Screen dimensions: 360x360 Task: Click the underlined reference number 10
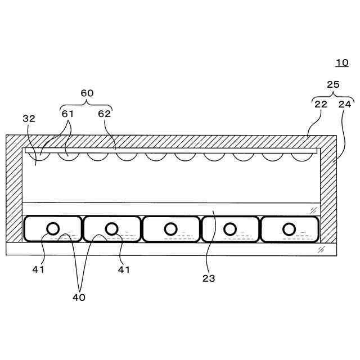point(341,62)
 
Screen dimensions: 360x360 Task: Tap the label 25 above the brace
point(333,84)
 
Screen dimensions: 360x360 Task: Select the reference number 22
point(320,104)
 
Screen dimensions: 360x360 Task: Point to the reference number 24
point(344,104)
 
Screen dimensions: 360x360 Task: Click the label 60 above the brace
point(87,93)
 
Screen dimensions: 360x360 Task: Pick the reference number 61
point(67,114)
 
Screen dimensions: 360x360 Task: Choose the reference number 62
point(105,114)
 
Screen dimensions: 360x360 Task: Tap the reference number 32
point(29,119)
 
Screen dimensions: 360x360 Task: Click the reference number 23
point(209,278)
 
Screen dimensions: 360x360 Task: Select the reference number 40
point(79,298)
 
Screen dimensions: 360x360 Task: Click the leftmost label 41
point(38,269)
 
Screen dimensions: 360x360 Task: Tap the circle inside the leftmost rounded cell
point(53,228)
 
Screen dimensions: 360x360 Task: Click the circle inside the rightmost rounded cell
point(289,229)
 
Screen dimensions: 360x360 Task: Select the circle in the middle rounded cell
point(171,229)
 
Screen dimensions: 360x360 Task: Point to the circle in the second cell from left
point(112,228)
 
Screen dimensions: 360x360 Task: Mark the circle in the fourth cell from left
point(229,229)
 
